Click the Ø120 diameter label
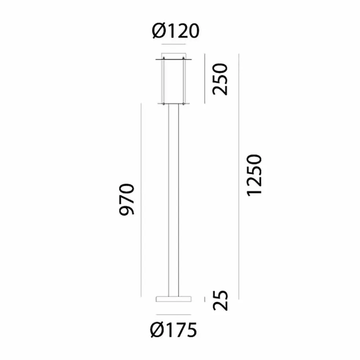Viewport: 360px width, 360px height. point(175,31)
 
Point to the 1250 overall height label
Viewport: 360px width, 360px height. point(254,175)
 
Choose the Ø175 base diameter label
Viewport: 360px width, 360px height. point(174,330)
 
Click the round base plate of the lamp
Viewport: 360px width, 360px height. point(174,299)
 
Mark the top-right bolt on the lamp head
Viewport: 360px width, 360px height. point(184,59)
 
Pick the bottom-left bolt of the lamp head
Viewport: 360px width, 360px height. point(163,103)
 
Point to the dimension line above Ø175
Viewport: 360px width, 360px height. point(174,314)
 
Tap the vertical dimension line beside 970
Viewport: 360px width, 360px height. point(141,200)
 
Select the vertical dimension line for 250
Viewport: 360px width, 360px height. point(205,78)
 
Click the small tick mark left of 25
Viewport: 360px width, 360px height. point(205,299)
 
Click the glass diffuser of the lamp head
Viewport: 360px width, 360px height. point(174,81)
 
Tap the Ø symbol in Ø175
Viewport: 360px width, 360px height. point(156,330)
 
